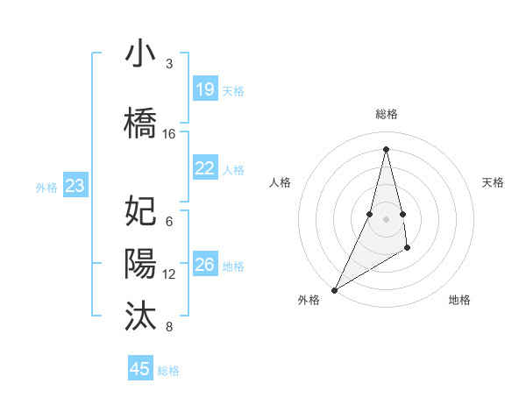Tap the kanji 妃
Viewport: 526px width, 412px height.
pyautogui.click(x=140, y=211)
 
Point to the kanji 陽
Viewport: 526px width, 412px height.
pyautogui.click(x=140, y=264)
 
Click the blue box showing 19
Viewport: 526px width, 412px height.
pyautogui.click(x=204, y=89)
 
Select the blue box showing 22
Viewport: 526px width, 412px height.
pyautogui.click(x=204, y=168)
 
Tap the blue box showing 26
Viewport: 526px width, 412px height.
pyautogui.click(x=204, y=265)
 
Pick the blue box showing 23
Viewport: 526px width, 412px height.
pyautogui.click(x=75, y=186)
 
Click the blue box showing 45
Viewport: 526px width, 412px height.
pyautogui.click(x=140, y=369)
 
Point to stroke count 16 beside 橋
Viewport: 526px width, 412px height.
pyautogui.click(x=169, y=134)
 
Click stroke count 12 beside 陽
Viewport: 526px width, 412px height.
pyautogui.click(x=169, y=274)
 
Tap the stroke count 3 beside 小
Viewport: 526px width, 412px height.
pyautogui.click(x=169, y=64)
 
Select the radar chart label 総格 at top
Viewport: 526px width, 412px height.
pyautogui.click(x=386, y=114)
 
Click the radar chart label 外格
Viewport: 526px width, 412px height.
pyautogui.click(x=309, y=300)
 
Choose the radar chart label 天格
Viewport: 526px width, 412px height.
pyautogui.click(x=494, y=182)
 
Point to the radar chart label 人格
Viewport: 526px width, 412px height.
pyautogui.click(x=280, y=182)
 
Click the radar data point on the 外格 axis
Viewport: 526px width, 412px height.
pyautogui.click(x=334, y=289)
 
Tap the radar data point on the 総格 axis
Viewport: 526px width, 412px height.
pyautogui.click(x=386, y=149)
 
